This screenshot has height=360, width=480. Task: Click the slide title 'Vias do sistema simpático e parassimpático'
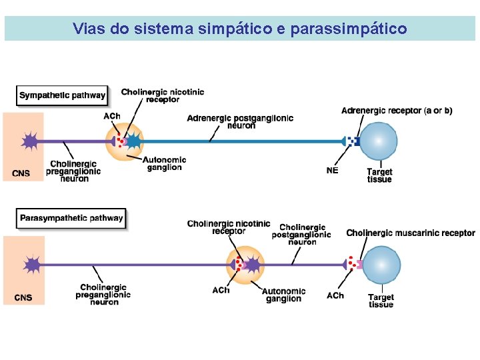point(240,29)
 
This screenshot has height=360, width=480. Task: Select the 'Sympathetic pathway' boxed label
point(62,95)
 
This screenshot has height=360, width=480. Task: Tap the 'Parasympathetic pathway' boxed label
point(71,218)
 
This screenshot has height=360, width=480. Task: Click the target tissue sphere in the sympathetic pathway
point(379,141)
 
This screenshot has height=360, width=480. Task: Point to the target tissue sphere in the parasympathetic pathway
point(381,265)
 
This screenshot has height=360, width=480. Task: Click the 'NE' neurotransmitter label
point(332,170)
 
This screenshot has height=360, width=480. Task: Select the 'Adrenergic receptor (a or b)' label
point(397,111)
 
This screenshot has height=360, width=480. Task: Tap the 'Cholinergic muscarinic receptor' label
point(411,233)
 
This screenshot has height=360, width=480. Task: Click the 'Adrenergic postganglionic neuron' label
point(240,121)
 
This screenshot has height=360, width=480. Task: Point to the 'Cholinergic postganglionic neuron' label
point(301,235)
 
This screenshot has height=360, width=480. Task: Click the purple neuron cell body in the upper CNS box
point(30,141)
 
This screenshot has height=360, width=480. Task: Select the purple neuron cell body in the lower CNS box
point(32,265)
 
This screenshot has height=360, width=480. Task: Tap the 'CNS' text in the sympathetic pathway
point(21,173)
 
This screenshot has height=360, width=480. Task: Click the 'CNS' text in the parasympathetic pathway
point(23,297)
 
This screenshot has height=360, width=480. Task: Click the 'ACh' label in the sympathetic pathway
point(112,116)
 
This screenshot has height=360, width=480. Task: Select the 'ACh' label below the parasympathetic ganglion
point(221,290)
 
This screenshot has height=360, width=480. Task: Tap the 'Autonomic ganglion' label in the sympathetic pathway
point(165,163)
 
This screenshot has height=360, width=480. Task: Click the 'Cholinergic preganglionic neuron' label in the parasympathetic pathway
point(103,295)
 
